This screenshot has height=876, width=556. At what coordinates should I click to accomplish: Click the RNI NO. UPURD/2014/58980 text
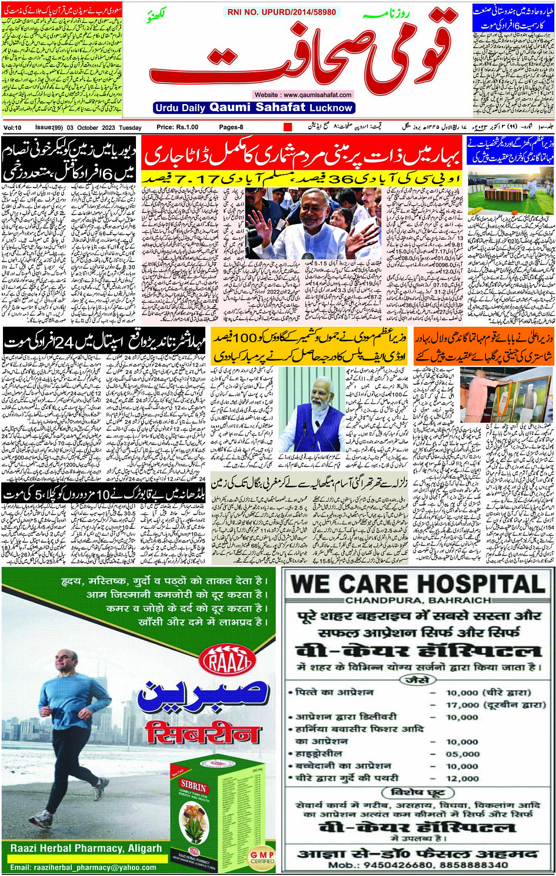coord(282,12)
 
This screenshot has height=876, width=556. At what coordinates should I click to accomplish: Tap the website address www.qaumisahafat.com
coord(302,95)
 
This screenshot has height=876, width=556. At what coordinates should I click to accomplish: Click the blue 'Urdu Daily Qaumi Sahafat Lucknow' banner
coord(254,108)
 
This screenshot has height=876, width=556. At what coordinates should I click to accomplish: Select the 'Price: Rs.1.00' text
coord(177,127)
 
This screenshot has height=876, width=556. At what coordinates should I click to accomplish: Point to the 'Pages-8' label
coord(231,127)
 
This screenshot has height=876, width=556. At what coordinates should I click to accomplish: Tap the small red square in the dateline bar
coord(288,127)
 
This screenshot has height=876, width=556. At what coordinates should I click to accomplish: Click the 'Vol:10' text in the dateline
coord(12,128)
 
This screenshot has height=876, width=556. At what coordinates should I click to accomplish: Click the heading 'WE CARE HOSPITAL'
coord(418,584)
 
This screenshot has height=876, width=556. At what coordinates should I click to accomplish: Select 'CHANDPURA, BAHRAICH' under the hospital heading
coord(418,600)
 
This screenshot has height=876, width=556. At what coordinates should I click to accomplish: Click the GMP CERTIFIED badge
coord(262,857)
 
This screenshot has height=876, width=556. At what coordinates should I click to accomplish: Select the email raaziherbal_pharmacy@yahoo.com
coord(83,867)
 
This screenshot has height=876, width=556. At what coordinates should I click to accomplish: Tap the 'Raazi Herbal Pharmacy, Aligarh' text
coord(86,848)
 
